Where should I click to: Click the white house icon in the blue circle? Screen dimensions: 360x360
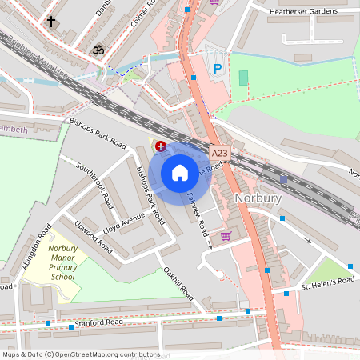[180, 172]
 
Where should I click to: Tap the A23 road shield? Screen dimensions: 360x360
[220, 152]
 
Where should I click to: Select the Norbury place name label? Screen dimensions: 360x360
[258, 198]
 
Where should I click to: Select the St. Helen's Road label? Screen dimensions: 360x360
[327, 282]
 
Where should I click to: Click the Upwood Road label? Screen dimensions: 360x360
[90, 236]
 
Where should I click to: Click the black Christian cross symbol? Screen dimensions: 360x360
[52, 22]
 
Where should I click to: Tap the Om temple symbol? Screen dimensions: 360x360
[100, 50]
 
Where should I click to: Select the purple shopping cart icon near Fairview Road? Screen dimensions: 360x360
[226, 236]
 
